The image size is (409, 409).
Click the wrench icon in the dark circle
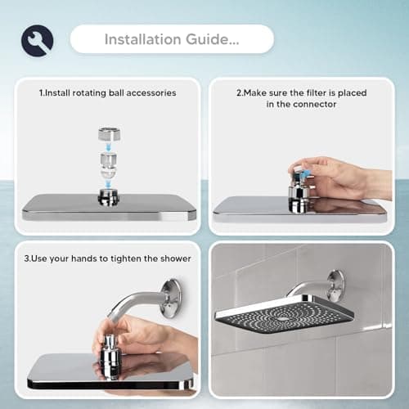click(38, 41)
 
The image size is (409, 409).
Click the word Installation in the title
click(143, 39)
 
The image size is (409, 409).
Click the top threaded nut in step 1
click(110, 135)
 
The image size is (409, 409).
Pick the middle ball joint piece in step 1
click(109, 165)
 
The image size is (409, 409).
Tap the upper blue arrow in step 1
click(109, 147)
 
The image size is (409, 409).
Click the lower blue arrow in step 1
click(109, 184)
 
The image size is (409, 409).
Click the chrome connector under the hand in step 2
click(299, 197)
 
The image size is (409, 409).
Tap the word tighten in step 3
click(126, 258)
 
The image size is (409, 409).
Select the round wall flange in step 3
click(171, 298)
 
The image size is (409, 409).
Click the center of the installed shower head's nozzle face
click(284, 317)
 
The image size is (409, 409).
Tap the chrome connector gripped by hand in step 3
click(110, 353)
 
